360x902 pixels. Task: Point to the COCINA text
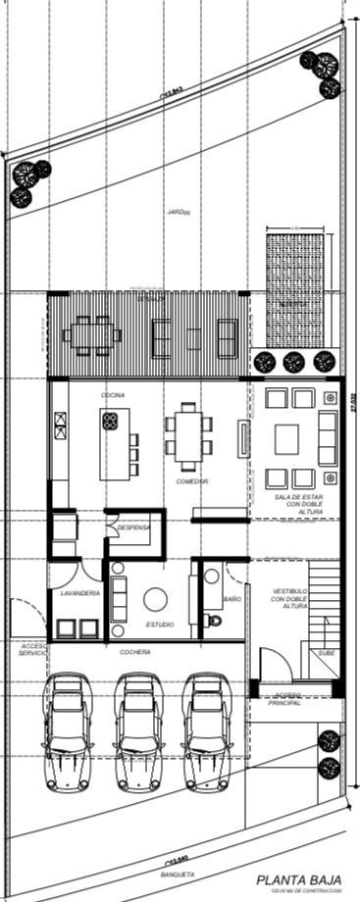(112, 394)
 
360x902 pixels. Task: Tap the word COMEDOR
(191, 481)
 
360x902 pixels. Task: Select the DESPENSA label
(133, 527)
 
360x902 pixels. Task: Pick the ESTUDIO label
(161, 624)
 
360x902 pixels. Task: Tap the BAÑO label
(231, 597)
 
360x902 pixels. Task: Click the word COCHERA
(137, 652)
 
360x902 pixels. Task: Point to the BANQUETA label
(177, 874)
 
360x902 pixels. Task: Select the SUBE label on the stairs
(325, 652)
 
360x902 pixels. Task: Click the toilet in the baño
(215, 620)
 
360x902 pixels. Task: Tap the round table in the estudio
(155, 599)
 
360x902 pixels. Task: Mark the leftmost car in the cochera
(67, 730)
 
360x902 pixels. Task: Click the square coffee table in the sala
(285, 438)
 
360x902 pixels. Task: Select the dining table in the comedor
(187, 432)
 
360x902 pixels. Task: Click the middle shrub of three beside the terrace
(292, 362)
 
